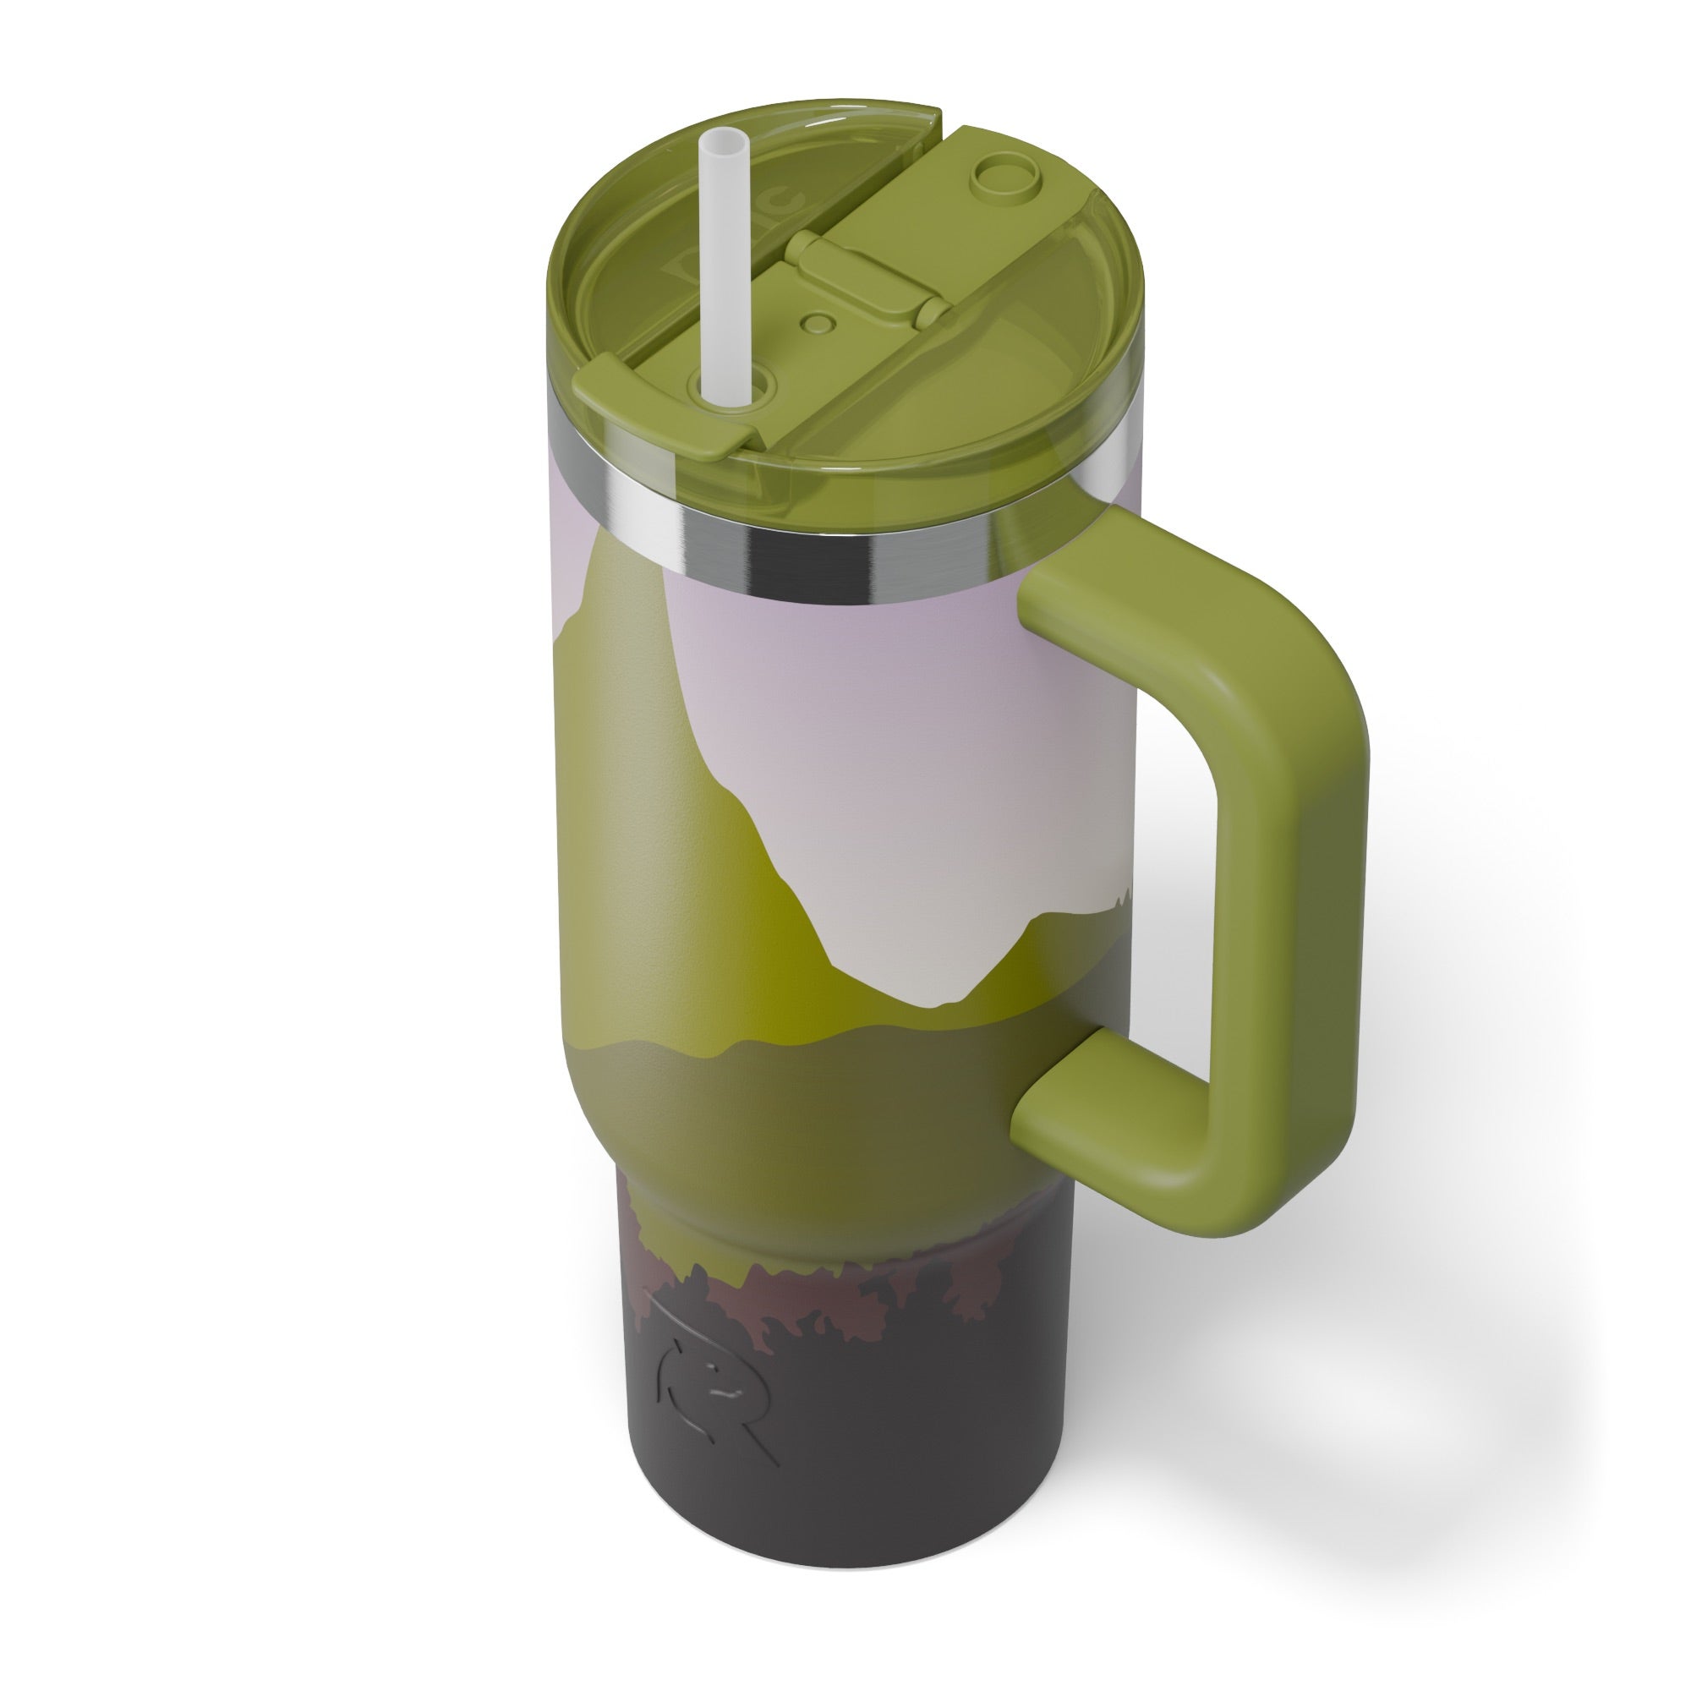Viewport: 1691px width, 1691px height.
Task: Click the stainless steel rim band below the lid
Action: pos(788,561)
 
